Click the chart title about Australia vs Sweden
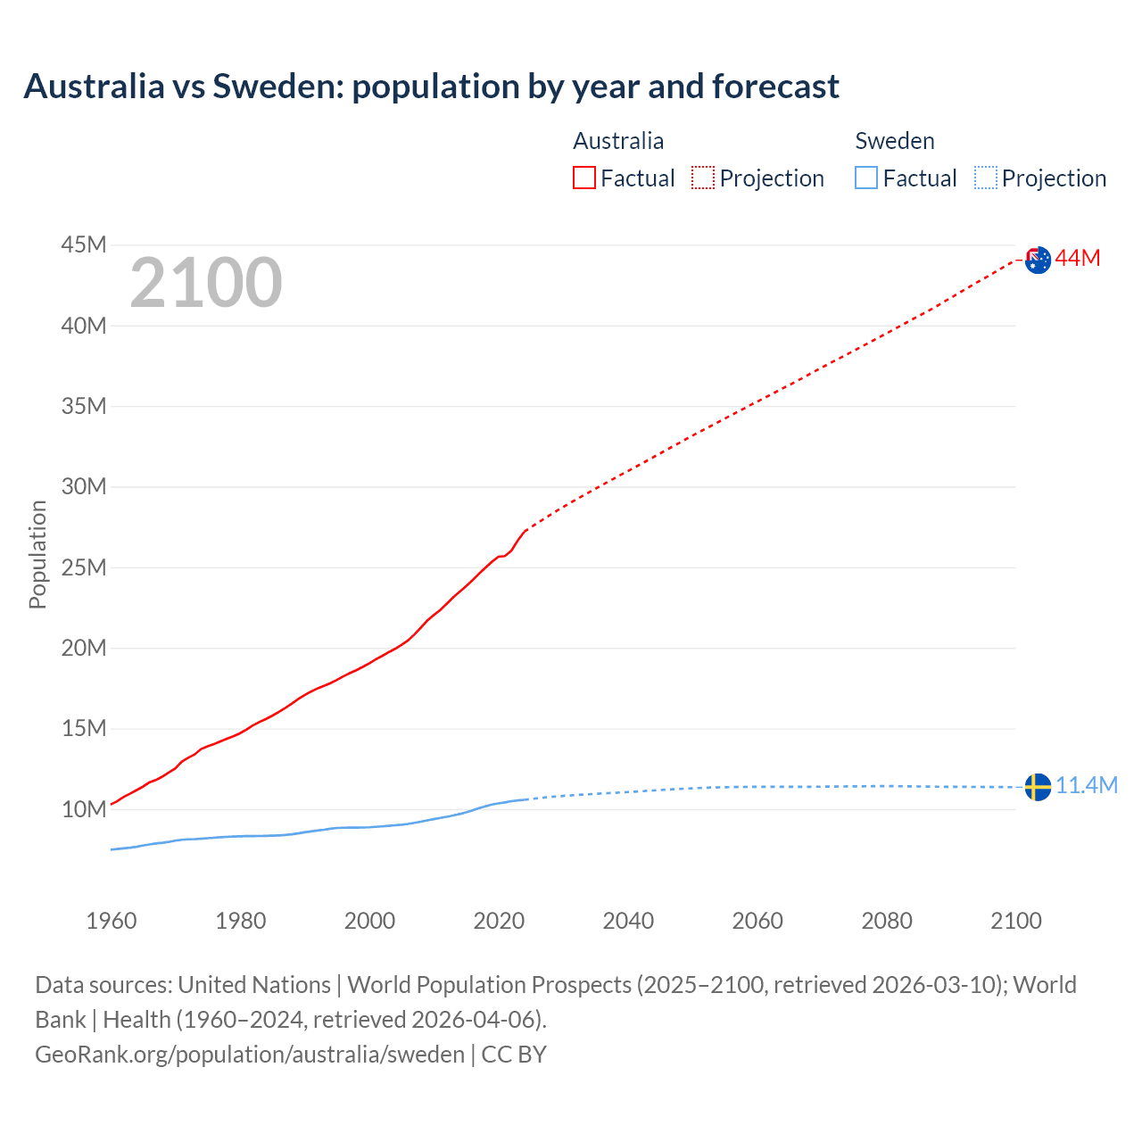(x=431, y=87)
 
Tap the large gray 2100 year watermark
(x=206, y=283)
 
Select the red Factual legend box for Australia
(x=583, y=178)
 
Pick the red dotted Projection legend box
(x=703, y=178)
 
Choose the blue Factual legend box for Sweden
(x=865, y=178)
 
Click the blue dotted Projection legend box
(x=985, y=178)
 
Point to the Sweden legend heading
(x=894, y=141)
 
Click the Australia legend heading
(x=617, y=141)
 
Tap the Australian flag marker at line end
(x=1038, y=260)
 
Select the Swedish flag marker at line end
(x=1038, y=787)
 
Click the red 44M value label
(x=1078, y=259)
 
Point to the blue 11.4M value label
(x=1086, y=785)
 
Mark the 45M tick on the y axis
(x=84, y=244)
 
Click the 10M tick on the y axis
(x=84, y=809)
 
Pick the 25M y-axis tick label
(x=84, y=567)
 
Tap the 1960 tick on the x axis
(x=112, y=921)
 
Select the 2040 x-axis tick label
(x=628, y=921)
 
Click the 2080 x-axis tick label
(x=887, y=921)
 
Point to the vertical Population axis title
(x=37, y=554)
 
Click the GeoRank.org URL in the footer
(x=249, y=1054)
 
